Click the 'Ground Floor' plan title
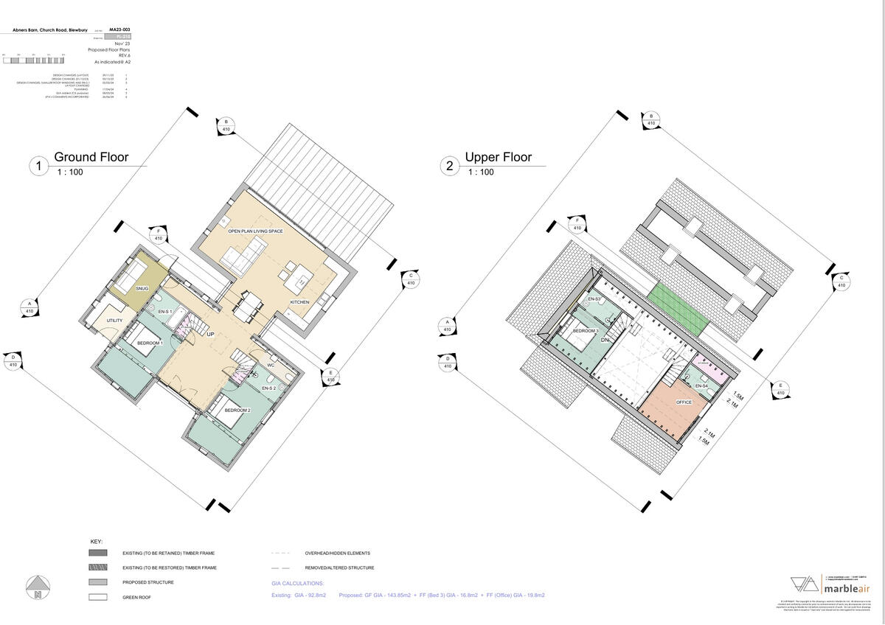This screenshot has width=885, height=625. pyautogui.click(x=91, y=157)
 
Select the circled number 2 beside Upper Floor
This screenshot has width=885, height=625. pyautogui.click(x=450, y=167)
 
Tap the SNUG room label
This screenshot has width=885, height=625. pyautogui.click(x=142, y=288)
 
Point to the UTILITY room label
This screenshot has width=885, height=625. pyautogui.click(x=114, y=321)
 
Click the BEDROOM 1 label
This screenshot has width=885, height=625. pyautogui.click(x=150, y=343)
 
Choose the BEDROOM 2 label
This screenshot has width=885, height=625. pyautogui.click(x=237, y=409)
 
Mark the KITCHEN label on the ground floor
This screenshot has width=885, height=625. pyautogui.click(x=299, y=302)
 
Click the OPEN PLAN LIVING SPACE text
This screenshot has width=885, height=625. pyautogui.click(x=256, y=231)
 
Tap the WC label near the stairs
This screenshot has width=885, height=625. pyautogui.click(x=271, y=365)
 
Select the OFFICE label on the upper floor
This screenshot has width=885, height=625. pyautogui.click(x=684, y=402)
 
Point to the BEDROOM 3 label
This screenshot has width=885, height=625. pyautogui.click(x=586, y=331)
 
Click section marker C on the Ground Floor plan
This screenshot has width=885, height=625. pyautogui.click(x=411, y=279)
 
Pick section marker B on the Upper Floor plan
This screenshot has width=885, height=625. pyautogui.click(x=651, y=119)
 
